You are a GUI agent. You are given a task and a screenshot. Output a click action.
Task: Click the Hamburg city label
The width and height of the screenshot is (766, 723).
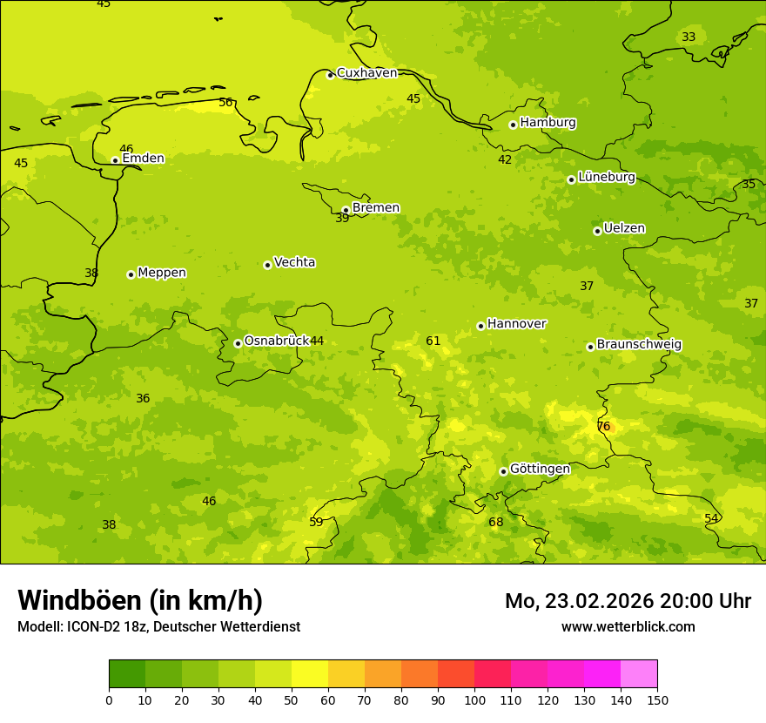(x=548, y=123)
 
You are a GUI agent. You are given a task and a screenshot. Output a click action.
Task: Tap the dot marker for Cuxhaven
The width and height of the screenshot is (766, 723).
(x=330, y=75)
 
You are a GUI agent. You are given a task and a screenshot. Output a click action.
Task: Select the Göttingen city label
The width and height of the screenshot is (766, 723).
(x=540, y=469)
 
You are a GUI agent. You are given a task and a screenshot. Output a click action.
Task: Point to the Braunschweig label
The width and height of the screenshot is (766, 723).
(x=639, y=344)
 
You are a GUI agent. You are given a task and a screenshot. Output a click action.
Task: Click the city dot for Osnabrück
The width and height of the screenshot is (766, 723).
(x=238, y=343)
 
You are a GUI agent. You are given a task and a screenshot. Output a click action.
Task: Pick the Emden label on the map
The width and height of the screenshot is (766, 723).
(x=143, y=159)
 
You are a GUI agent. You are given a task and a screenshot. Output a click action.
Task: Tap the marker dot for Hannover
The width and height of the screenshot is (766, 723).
(x=480, y=326)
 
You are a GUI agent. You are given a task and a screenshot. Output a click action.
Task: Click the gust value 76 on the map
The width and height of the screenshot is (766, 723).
(x=604, y=427)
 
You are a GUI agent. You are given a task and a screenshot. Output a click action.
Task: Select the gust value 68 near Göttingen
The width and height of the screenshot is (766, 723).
(x=496, y=523)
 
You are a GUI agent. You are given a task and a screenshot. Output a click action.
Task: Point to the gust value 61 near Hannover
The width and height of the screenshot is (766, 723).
(x=433, y=341)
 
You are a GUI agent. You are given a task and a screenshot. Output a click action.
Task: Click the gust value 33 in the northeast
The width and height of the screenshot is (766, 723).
(x=689, y=37)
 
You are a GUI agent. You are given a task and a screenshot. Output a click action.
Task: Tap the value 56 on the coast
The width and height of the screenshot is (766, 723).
(x=226, y=103)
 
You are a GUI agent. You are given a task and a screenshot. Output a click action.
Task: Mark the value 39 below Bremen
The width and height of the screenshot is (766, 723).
(x=342, y=219)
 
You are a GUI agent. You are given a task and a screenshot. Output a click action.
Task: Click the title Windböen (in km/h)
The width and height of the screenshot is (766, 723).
(x=140, y=600)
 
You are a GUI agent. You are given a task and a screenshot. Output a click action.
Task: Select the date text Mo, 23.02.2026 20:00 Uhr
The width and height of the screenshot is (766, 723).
(x=628, y=601)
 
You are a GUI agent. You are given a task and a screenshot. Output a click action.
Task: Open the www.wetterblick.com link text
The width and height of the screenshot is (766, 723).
(x=628, y=627)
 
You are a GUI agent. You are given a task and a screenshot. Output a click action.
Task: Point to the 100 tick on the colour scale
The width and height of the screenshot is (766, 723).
(x=474, y=699)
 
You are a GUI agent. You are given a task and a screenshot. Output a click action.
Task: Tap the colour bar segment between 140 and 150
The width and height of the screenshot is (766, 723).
(x=639, y=673)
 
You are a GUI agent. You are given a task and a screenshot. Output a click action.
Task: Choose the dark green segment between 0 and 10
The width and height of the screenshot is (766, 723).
(x=127, y=673)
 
